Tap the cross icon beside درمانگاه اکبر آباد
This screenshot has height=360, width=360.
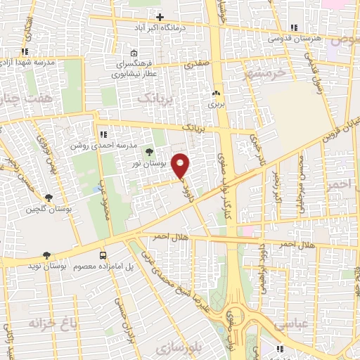click(x=160, y=17)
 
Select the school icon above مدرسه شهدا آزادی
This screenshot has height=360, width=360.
click(x=25, y=51)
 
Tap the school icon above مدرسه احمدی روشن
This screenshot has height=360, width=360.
click(x=103, y=134)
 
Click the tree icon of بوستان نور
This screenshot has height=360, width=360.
click(x=148, y=151)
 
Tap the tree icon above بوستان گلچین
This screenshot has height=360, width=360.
click(x=48, y=198)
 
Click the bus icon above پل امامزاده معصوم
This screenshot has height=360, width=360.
click(x=103, y=256)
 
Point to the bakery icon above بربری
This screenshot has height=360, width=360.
click(x=217, y=94)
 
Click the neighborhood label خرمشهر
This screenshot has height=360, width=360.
click(x=264, y=72)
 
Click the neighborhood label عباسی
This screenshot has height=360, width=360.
click(x=288, y=326)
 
